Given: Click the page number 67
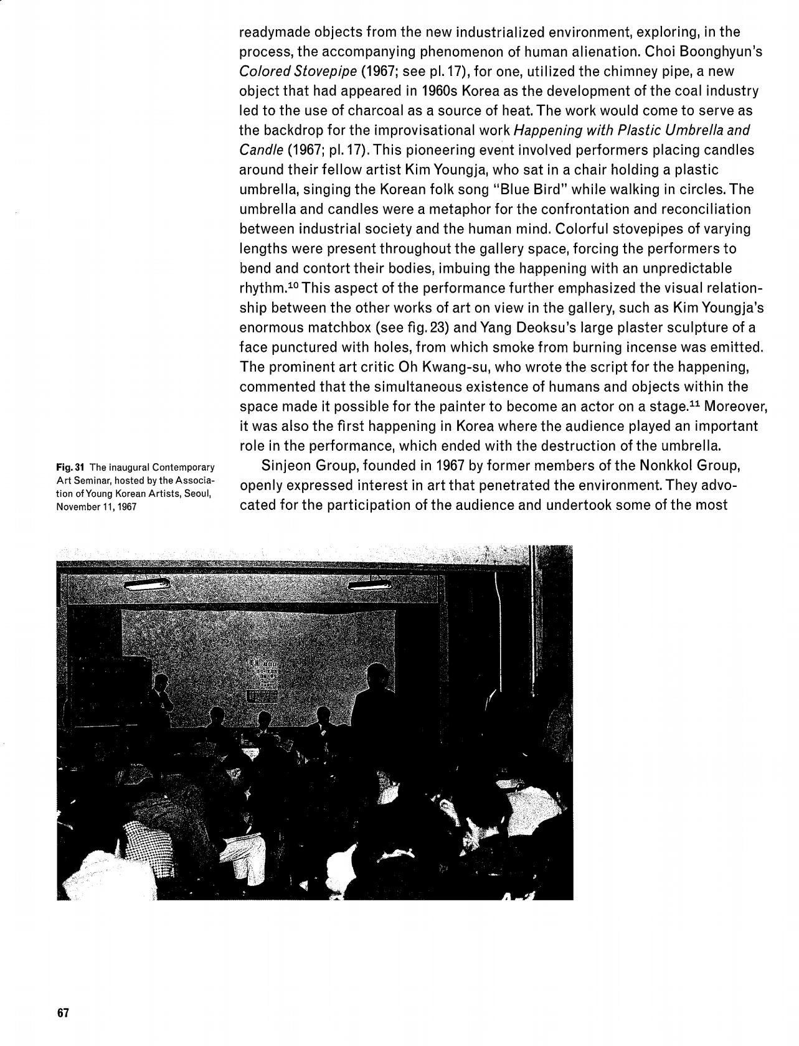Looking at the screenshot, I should coord(62,1012).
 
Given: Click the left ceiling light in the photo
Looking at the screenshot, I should coord(148,585).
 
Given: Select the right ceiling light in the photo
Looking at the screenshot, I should coord(370,585).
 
